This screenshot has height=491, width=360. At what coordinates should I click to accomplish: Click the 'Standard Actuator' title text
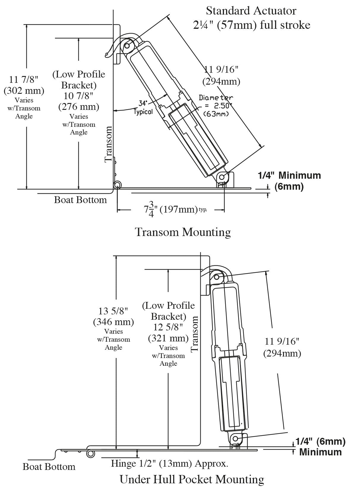tap(251, 11)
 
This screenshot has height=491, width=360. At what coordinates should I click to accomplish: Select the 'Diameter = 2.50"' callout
tap(216, 105)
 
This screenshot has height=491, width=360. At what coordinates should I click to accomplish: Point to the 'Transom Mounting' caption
tap(183, 232)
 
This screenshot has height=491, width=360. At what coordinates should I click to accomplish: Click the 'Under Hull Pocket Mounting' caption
tap(192, 479)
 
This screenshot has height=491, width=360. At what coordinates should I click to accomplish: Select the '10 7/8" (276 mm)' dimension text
tap(79, 101)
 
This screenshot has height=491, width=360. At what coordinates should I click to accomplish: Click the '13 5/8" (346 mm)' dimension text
tap(113, 316)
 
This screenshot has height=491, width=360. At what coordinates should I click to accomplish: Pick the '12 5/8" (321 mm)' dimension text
tap(168, 332)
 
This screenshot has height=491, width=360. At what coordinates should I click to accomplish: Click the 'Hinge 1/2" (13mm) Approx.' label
tap(170, 463)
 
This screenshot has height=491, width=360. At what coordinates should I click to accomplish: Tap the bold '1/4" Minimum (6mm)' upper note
tap(289, 180)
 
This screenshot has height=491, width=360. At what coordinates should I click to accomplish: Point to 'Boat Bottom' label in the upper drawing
tap(80, 200)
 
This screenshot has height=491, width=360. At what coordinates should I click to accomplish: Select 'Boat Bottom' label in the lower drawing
tap(49, 466)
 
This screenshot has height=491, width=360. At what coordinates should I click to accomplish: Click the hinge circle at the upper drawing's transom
tap(117, 185)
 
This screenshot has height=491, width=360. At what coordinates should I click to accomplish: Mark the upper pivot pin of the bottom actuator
tap(217, 277)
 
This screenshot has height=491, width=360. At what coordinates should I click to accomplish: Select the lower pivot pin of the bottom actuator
tap(236, 438)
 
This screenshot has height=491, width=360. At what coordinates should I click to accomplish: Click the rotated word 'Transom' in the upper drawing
tap(109, 144)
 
